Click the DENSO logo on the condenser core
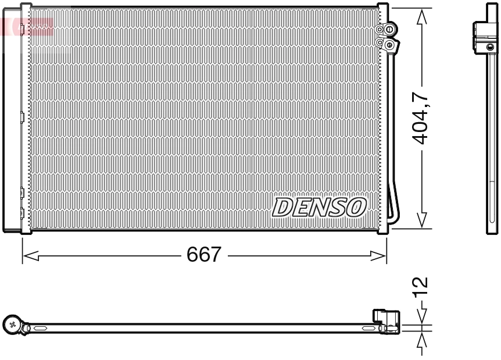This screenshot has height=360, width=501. (319, 206)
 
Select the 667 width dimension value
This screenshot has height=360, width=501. (203, 255)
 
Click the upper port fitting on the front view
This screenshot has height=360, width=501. (387, 28)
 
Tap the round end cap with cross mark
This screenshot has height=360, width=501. (13, 325)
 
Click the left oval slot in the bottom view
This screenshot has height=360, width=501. (42, 329)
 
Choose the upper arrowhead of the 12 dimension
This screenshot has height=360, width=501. (423, 317)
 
